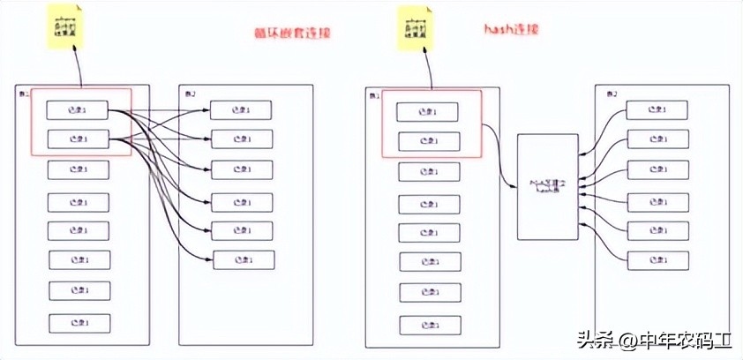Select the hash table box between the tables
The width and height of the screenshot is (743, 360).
[547, 186]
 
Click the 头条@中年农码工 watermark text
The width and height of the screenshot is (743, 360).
[654, 340]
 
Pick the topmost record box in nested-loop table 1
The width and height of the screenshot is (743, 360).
[79, 109]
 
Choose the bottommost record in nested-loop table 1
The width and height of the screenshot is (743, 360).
[79, 323]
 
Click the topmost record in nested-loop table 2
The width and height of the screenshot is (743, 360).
[241, 110]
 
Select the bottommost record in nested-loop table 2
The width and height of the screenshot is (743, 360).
[241, 259]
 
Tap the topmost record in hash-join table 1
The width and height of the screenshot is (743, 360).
[428, 112]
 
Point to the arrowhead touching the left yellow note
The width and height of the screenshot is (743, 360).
[72, 52]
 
